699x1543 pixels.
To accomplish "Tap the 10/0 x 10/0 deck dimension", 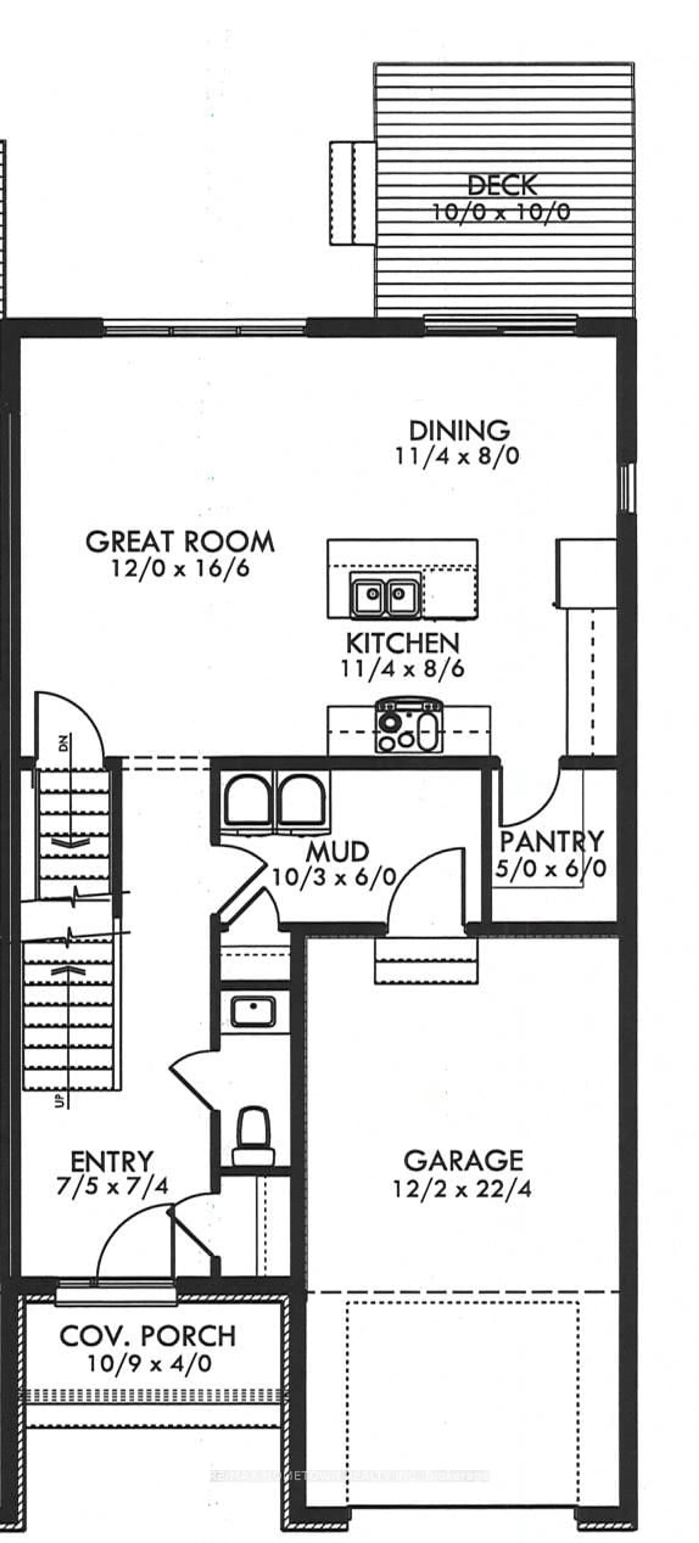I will pyautogui.click(x=501, y=212).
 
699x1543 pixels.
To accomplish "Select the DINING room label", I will pyautogui.click(x=459, y=431).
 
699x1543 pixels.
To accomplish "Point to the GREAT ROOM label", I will pyautogui.click(x=180, y=542).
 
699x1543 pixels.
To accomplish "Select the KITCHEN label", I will pyautogui.click(x=403, y=643).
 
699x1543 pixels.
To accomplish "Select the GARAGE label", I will pyautogui.click(x=463, y=1161).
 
